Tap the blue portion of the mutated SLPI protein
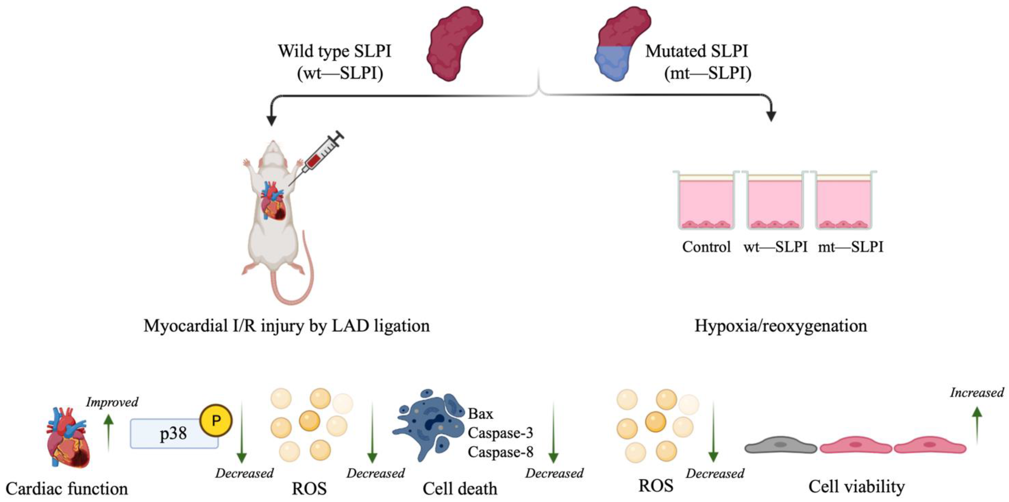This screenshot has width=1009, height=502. (x=612, y=63)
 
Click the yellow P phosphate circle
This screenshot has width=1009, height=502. (x=216, y=421)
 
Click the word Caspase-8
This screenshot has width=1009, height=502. (x=500, y=452)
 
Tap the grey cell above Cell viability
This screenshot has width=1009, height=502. (x=780, y=445)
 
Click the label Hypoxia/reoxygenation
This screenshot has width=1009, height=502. (x=780, y=326)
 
